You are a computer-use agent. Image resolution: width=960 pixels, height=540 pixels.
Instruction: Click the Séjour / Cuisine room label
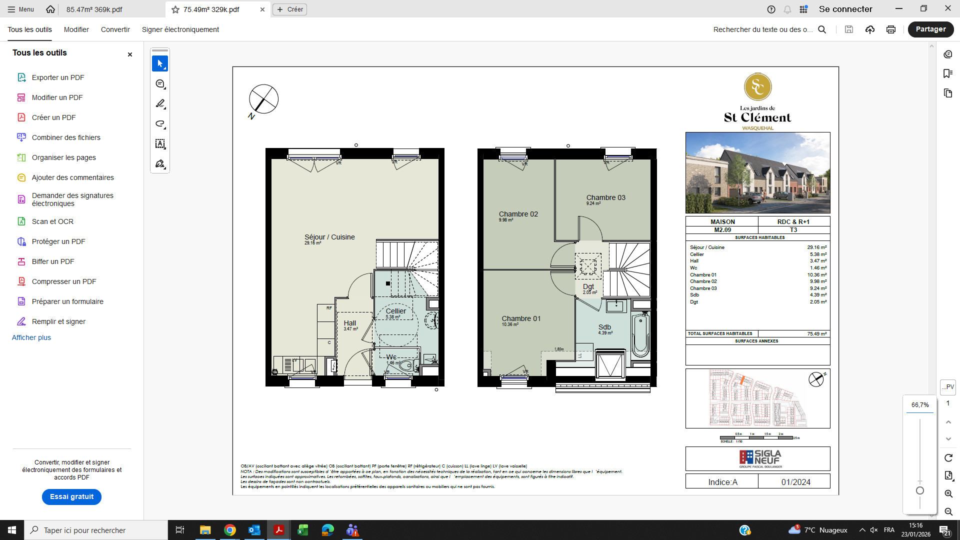point(329,237)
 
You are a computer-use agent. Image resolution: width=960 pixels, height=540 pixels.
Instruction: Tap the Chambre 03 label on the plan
point(605,197)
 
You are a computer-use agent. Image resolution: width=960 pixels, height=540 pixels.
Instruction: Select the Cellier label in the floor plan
point(395,311)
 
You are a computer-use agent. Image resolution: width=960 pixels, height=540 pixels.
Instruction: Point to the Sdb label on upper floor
point(604,327)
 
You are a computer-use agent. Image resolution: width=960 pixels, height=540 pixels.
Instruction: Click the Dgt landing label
point(588,287)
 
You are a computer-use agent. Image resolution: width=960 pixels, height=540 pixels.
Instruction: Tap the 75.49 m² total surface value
point(816,333)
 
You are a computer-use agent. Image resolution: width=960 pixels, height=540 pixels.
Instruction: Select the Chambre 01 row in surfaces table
point(757,275)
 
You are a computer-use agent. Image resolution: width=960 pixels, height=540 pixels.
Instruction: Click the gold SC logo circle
point(757,87)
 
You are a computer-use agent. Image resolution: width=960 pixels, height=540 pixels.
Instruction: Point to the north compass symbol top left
point(263,99)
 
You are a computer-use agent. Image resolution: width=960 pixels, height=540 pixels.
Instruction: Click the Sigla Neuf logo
point(760,458)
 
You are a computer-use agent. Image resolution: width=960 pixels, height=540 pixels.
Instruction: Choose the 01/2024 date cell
point(795,482)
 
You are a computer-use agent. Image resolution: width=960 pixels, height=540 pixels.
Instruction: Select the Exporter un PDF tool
point(57,77)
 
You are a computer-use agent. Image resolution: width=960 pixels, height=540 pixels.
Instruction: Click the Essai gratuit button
point(71,496)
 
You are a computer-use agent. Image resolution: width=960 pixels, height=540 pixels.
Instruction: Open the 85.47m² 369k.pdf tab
point(94,9)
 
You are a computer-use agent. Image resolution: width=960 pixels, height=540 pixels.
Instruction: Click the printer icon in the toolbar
point(890,29)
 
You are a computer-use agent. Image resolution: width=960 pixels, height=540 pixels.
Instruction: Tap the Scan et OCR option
point(52,221)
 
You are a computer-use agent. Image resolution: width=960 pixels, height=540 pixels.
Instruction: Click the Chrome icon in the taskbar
point(229,530)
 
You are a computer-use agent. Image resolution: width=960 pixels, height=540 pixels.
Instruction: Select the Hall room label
point(350,323)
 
